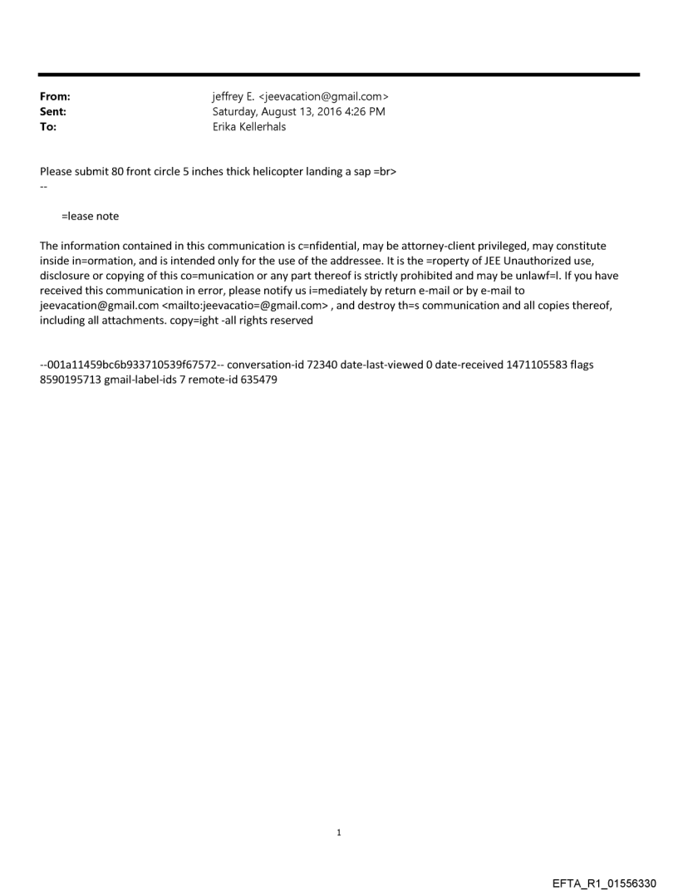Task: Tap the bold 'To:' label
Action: (48, 127)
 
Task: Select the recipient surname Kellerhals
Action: (262, 127)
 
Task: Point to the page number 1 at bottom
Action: (339, 832)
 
